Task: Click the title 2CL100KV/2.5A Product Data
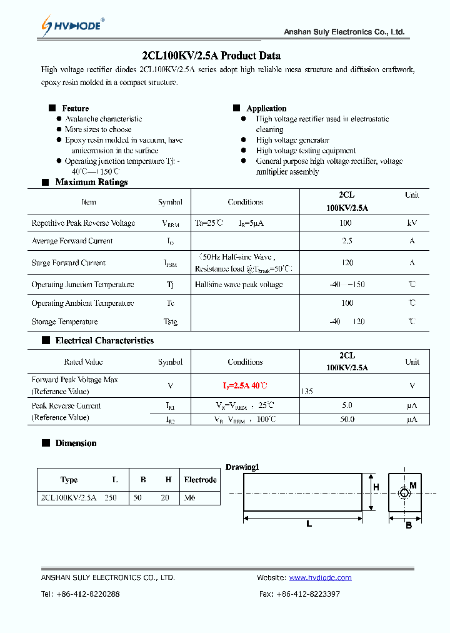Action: pyautogui.click(x=211, y=55)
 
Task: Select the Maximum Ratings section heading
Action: pyautogui.click(x=91, y=182)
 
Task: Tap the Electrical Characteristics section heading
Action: pyautogui.click(x=104, y=340)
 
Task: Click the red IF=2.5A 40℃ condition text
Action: pyautogui.click(x=245, y=385)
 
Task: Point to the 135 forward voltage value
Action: pyautogui.click(x=307, y=391)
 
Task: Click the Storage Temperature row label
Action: pyautogui.click(x=64, y=322)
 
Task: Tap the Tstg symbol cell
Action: pyautogui.click(x=170, y=322)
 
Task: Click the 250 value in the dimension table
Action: pyautogui.click(x=111, y=498)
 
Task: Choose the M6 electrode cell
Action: pyautogui.click(x=190, y=498)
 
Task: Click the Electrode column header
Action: pyautogui.click(x=200, y=480)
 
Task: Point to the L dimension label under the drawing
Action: pyautogui.click(x=309, y=524)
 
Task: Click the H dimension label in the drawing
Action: pyautogui.click(x=376, y=487)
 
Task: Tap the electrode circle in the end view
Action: pyautogui.click(x=404, y=494)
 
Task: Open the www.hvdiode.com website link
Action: pyautogui.click(x=320, y=577)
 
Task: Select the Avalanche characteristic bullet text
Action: pyautogui.click(x=103, y=119)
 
